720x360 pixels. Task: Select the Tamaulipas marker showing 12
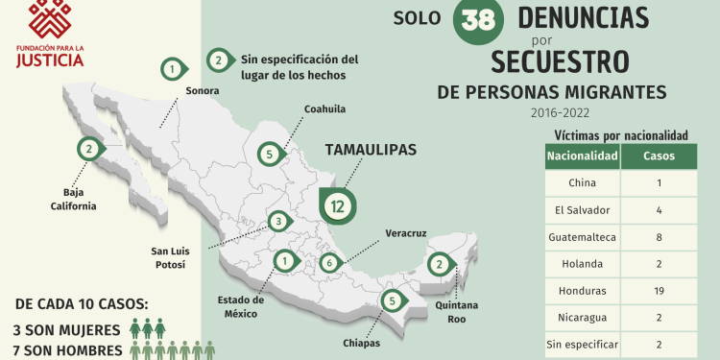(337, 204)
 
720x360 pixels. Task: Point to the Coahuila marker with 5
(271, 154)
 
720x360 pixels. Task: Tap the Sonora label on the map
(202, 91)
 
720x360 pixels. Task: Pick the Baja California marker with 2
(89, 149)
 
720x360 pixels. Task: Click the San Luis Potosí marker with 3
(276, 222)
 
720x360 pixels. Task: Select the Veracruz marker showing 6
(330, 262)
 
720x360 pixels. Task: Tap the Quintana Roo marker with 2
(438, 264)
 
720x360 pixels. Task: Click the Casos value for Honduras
(658, 290)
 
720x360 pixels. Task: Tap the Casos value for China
(658, 182)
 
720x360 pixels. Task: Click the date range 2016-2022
(559, 113)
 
